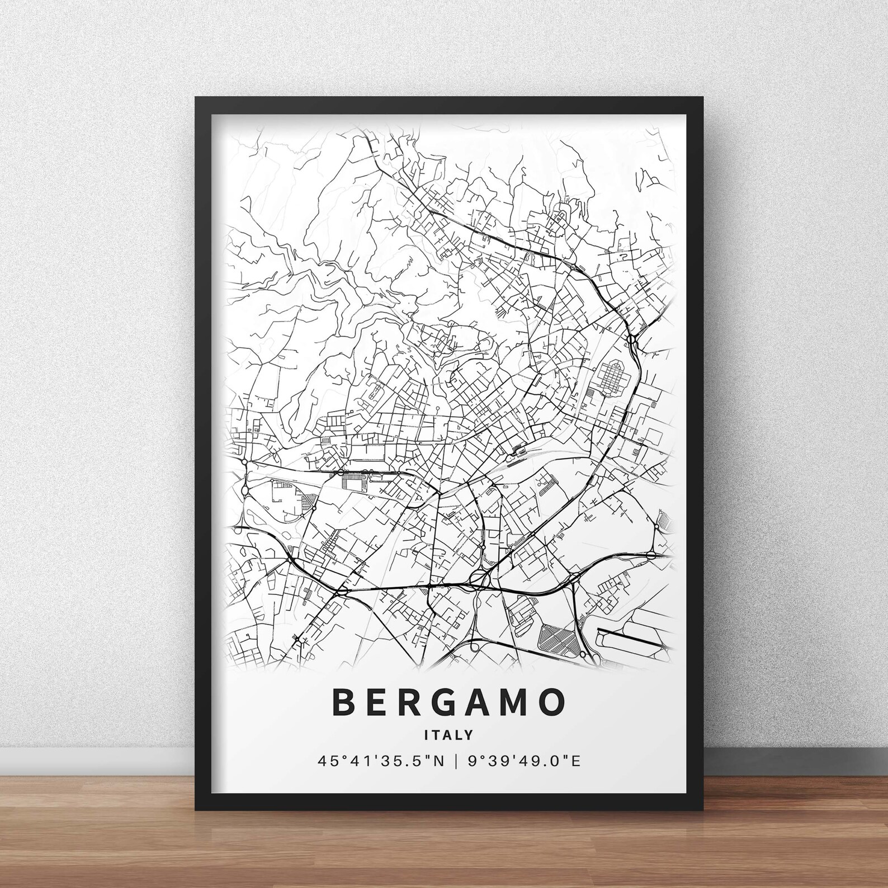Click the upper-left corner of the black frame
199,101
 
